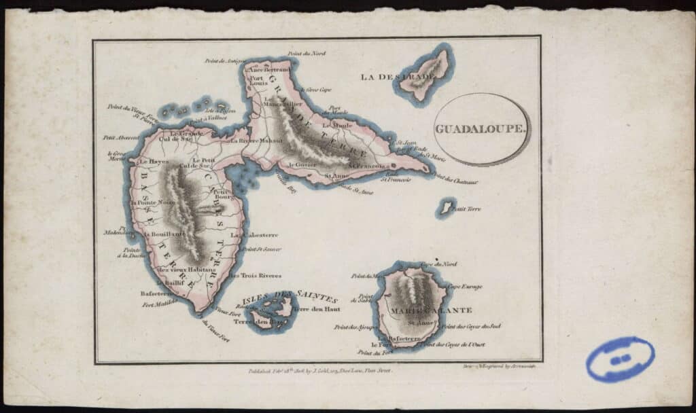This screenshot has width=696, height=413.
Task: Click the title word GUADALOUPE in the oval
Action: point(482,129)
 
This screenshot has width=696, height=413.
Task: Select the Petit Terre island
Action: point(446,207)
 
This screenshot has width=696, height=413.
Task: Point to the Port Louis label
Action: point(257,81)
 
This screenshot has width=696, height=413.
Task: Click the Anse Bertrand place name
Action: point(268,70)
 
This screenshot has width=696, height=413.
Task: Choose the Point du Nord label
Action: point(307,53)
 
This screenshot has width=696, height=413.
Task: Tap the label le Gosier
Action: point(303,164)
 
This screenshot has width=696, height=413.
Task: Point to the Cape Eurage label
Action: point(465,287)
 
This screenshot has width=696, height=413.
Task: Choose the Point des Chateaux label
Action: point(455,181)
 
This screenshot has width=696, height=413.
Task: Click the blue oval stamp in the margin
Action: point(620,359)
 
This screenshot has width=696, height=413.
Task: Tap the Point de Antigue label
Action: point(224,60)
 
